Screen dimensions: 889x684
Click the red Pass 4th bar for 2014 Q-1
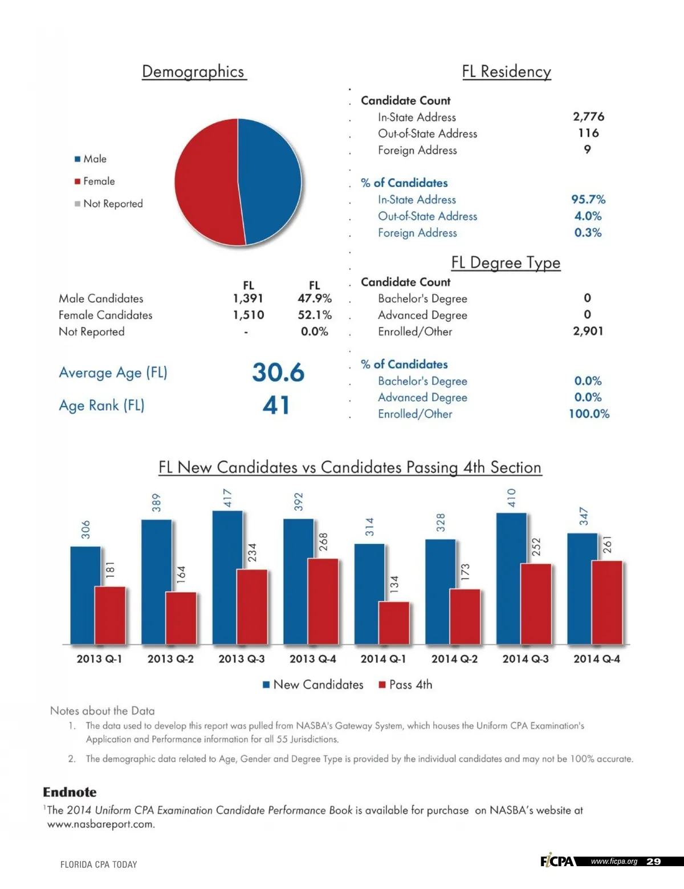point(394,623)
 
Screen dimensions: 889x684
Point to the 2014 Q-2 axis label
point(454,659)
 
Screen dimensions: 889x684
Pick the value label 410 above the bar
point(511,498)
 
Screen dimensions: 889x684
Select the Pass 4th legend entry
point(405,685)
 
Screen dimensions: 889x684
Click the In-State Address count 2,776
point(588,116)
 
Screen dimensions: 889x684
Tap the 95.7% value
point(588,199)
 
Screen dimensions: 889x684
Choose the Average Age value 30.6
point(278,373)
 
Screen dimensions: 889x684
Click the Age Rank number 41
point(276,405)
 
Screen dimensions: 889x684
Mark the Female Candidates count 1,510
point(249,315)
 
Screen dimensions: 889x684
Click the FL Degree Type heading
point(506,262)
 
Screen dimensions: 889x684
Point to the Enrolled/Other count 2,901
point(588,331)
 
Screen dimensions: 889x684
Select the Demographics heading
point(193,71)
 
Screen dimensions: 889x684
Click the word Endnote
point(70,792)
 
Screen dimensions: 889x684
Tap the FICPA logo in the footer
point(557,861)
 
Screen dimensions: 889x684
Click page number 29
point(653,862)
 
